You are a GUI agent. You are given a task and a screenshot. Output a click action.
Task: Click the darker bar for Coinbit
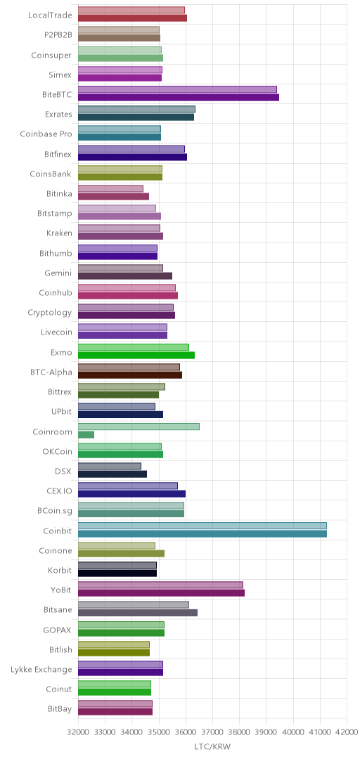tap(202, 533)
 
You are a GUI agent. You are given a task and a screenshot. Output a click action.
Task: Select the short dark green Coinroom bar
tap(86, 434)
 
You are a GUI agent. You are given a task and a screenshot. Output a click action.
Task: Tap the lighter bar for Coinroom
tap(139, 427)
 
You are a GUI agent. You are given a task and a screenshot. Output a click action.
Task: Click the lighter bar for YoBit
tap(160, 585)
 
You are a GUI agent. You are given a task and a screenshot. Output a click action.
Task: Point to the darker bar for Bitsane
tap(138, 613)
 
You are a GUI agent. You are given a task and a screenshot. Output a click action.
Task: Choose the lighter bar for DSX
tap(110, 466)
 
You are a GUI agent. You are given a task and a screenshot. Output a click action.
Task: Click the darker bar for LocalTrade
tap(132, 18)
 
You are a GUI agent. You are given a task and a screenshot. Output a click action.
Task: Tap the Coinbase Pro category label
tap(46, 134)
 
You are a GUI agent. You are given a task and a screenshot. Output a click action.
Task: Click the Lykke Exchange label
tap(41, 670)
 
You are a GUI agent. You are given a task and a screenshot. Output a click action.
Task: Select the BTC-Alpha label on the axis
tap(51, 372)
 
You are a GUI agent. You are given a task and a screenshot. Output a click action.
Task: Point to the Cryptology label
tap(50, 313)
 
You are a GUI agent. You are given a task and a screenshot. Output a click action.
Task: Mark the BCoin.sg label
tap(55, 510)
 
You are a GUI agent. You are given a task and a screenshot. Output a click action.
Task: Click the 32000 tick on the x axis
tap(78, 733)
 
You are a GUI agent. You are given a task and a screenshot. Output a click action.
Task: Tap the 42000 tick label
tap(347, 733)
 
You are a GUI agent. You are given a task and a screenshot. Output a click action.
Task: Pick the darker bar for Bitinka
tap(113, 197)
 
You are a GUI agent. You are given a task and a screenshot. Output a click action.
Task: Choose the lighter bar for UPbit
tap(117, 407)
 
